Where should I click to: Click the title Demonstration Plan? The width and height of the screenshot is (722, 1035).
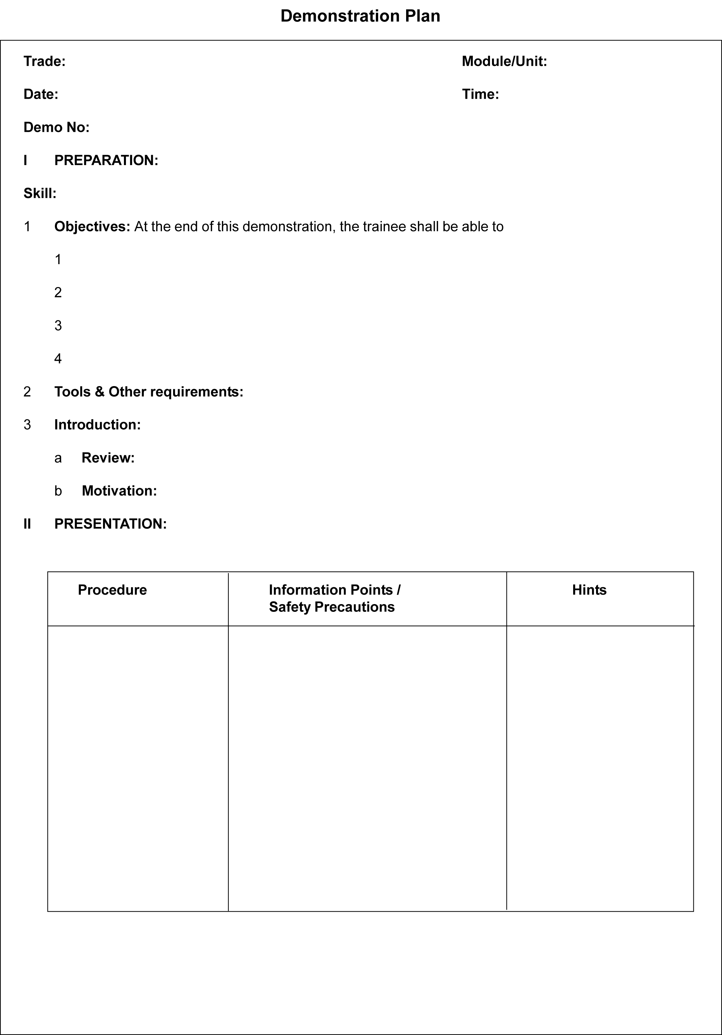coord(360,16)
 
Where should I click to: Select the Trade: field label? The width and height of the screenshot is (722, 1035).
coord(44,61)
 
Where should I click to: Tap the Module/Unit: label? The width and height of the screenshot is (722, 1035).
coord(504,61)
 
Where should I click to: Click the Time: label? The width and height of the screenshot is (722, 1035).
coord(481,94)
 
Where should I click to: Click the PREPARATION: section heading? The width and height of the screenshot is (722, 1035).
coord(106,160)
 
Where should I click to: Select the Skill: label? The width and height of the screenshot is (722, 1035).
coord(40,193)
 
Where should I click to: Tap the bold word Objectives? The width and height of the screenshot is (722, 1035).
coord(92,226)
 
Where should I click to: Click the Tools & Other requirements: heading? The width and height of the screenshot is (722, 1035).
coord(149,392)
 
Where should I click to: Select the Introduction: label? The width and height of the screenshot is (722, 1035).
coord(97,425)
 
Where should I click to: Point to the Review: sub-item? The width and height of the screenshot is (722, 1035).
coord(108,458)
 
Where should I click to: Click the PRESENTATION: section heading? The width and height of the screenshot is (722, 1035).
coord(110,524)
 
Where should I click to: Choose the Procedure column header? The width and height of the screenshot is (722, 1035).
coord(112,590)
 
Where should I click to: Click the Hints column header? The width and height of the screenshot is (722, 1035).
coord(589,590)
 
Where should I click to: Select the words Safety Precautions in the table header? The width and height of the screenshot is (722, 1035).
coord(332,607)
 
